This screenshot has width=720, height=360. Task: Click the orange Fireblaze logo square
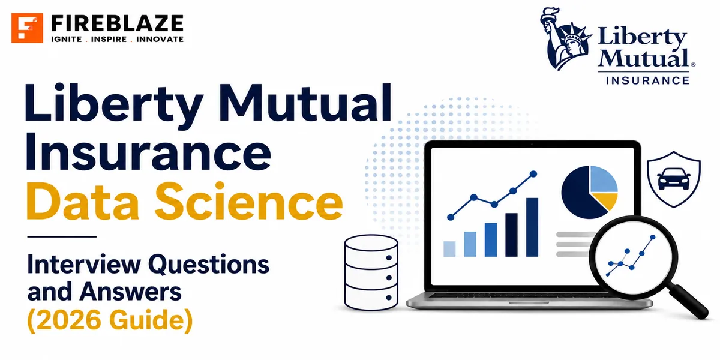click(x=27, y=28)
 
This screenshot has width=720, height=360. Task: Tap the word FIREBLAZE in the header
click(x=118, y=23)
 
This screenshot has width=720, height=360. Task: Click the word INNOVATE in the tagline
click(x=160, y=39)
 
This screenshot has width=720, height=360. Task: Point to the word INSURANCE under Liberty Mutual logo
click(x=647, y=80)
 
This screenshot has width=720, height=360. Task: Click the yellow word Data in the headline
click(x=83, y=201)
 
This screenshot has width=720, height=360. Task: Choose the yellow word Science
click(x=249, y=201)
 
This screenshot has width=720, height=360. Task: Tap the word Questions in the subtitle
click(x=208, y=264)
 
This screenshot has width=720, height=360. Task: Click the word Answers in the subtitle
click(x=131, y=292)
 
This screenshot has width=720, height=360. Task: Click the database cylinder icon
click(x=371, y=272)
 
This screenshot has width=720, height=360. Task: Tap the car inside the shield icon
click(x=674, y=179)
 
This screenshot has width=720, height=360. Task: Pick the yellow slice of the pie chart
click(x=605, y=201)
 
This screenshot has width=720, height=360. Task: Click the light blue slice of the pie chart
click(x=604, y=179)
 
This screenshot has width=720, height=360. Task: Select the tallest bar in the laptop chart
click(x=532, y=227)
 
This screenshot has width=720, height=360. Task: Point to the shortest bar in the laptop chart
click(x=449, y=249)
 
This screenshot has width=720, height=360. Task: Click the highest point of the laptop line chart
click(x=533, y=174)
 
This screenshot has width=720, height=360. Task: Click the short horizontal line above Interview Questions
click(x=62, y=236)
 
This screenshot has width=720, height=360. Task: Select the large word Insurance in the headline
click(x=148, y=151)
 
